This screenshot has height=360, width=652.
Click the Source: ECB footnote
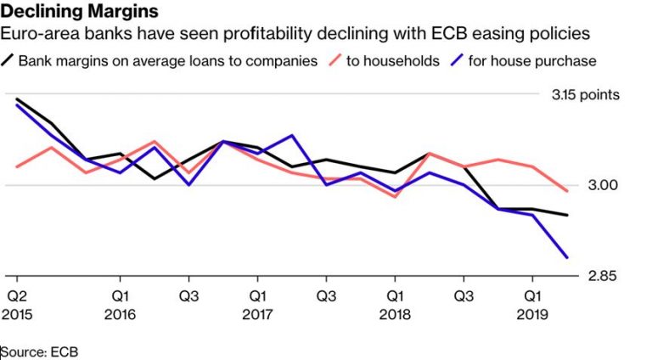pyautogui.click(x=40, y=350)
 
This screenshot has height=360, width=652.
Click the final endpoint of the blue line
pyautogui.click(x=567, y=257)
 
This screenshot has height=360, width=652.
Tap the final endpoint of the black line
pyautogui.click(x=567, y=215)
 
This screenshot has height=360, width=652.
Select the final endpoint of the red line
pyautogui.click(x=567, y=191)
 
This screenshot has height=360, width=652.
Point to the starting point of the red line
pyautogui.click(x=17, y=166)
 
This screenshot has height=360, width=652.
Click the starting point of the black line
pyautogui.click(x=17, y=98)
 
